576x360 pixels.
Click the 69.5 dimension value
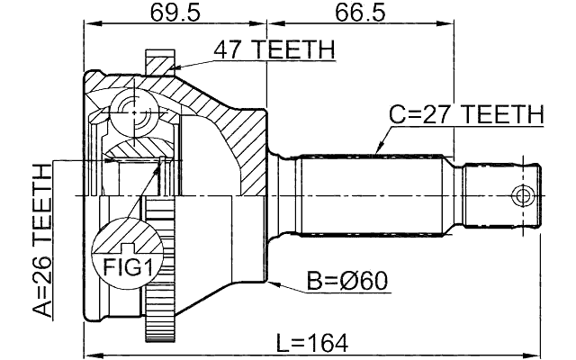tap(175, 15)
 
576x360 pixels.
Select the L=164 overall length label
tap(311, 343)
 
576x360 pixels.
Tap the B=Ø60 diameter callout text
tap(346, 281)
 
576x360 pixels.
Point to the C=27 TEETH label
tap(466, 115)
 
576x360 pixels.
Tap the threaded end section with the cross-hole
tap(504, 195)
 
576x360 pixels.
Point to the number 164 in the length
tap(326, 343)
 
